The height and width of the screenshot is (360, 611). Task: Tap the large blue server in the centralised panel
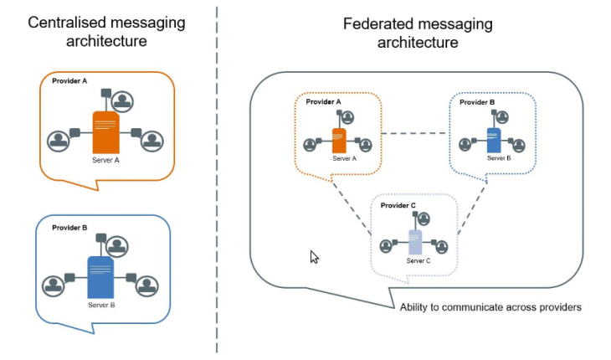(100, 277)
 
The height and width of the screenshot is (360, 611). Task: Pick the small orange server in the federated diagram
(339, 140)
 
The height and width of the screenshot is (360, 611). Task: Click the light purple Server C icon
(414, 243)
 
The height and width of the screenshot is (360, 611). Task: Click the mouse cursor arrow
(315, 257)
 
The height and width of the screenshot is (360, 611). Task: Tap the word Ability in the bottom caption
(416, 307)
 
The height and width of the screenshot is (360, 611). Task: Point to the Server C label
(418, 261)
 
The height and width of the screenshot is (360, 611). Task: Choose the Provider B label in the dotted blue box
(476, 102)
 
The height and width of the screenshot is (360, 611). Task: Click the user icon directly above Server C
(424, 219)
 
